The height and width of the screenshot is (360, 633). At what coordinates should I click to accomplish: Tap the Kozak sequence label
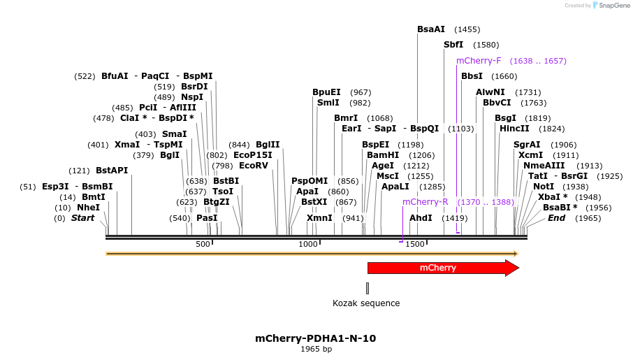click(366, 303)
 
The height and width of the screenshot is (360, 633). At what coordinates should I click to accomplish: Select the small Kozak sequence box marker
click(368, 288)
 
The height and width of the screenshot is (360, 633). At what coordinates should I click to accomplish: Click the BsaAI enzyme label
click(431, 29)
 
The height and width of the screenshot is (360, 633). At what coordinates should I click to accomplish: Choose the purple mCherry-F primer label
click(479, 61)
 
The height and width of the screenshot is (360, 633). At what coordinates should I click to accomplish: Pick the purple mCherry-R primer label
click(425, 202)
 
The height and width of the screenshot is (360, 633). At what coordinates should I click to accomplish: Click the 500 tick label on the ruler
click(203, 244)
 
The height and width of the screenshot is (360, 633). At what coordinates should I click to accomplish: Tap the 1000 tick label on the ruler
click(308, 244)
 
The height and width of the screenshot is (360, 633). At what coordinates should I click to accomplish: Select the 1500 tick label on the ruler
click(415, 244)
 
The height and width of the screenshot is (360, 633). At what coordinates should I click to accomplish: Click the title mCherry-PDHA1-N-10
click(316, 338)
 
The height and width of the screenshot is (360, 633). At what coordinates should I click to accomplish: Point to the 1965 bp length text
click(316, 349)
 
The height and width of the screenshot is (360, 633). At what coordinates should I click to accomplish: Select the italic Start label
click(82, 218)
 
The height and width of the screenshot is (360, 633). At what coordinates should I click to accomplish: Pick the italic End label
click(556, 218)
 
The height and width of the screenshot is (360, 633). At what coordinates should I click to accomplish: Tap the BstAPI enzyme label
click(112, 171)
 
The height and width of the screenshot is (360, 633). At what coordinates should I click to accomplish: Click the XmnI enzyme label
click(319, 218)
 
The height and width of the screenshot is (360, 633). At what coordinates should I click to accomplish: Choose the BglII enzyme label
click(268, 145)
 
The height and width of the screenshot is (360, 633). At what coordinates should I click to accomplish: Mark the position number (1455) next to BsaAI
click(467, 29)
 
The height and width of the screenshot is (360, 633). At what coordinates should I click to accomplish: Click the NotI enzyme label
click(543, 187)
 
